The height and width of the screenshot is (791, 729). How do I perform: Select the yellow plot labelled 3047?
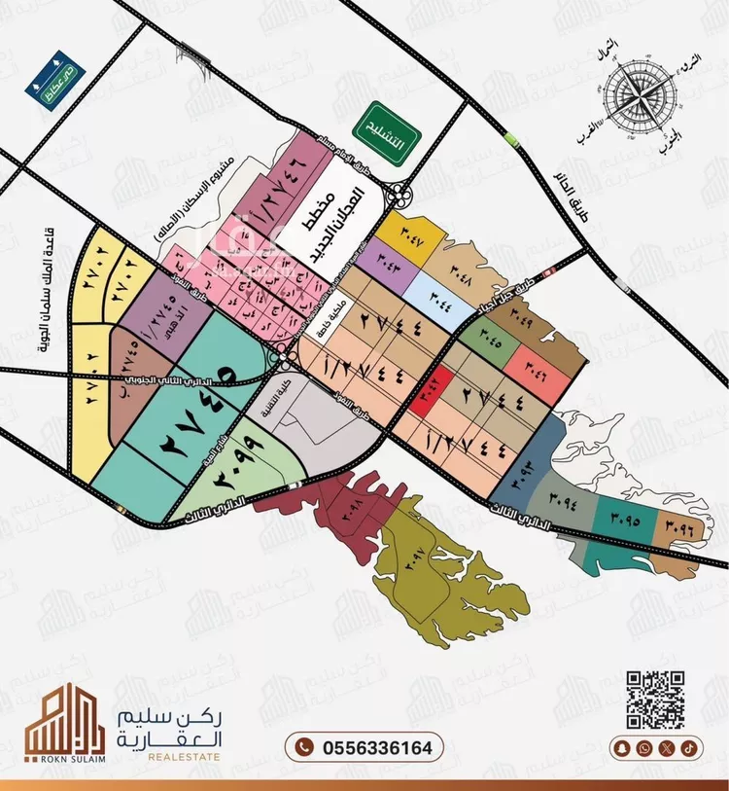[406, 235]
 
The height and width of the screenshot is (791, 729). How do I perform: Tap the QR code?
[654, 700]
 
